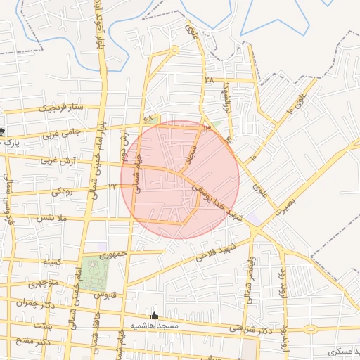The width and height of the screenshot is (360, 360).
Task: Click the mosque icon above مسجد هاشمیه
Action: tap(155, 316)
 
